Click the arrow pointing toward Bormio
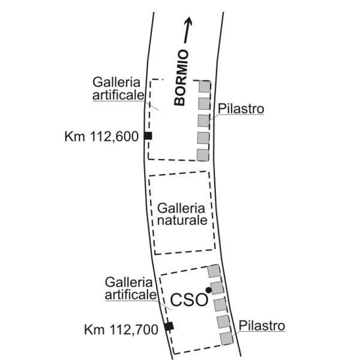coord(188,30)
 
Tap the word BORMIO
coord(181,77)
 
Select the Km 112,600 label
coord(101,136)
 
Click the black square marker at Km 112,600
coord(148,136)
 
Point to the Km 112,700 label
coord(121,329)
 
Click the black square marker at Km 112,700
coord(169,326)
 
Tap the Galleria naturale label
coord(182,214)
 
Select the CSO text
coord(189,299)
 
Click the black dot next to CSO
coord(208,290)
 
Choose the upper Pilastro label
coord(241,109)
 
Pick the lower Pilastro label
coord(262,326)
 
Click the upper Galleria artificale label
coord(118,89)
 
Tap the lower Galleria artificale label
coord(131,289)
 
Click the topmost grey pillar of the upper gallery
coord(205,86)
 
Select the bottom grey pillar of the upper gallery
coord(203,155)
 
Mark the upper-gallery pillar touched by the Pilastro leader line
coord(204,121)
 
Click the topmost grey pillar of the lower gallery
coord(214,271)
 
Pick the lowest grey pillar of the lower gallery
coord(227,338)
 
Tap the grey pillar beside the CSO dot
coord(217,288)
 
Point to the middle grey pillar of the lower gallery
coord(220,305)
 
